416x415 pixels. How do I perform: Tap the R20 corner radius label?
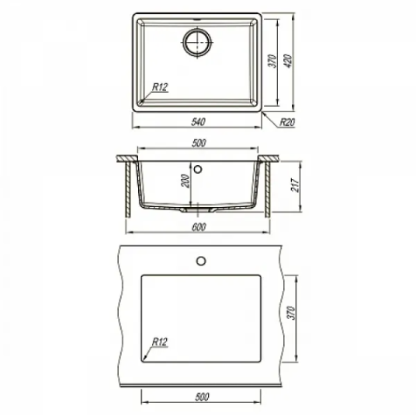[x=288, y=122]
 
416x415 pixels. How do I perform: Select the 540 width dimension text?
[x=198, y=121]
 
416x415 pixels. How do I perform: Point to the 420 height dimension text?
[x=288, y=61]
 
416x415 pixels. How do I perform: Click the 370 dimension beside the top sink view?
[x=272, y=61]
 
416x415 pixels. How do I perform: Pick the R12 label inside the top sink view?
[x=161, y=86]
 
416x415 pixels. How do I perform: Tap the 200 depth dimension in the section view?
[x=185, y=181]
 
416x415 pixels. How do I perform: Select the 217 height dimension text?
[x=295, y=185]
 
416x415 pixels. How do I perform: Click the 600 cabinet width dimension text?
[x=198, y=227]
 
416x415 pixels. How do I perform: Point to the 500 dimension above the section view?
[x=199, y=143]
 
